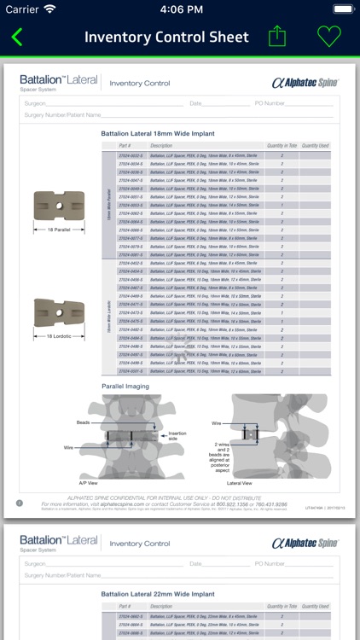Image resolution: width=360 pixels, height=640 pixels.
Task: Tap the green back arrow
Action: pos(17,38)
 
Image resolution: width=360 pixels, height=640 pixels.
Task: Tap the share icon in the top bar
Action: pos(277,37)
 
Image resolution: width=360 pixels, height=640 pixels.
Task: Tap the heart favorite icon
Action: pos(328,37)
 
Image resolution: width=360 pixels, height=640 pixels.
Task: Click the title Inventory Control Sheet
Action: pos(166,38)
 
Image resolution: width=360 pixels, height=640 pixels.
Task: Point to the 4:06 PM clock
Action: pos(180,9)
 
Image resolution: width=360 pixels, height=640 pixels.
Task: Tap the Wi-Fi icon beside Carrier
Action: pos(49,9)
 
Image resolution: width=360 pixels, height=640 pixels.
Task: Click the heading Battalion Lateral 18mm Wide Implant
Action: pos(158,134)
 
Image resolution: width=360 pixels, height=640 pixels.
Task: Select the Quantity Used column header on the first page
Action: pos(315,146)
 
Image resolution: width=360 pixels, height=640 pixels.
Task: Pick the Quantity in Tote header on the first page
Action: pos(282,146)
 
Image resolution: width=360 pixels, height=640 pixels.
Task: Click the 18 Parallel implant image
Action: pos(52,209)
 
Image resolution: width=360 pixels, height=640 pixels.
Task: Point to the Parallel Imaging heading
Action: pos(125,386)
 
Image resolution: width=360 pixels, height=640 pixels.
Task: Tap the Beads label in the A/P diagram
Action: pos(83,423)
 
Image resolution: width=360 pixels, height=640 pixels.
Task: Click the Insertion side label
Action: pos(177,435)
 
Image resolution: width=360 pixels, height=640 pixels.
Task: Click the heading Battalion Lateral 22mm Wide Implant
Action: pos(158,594)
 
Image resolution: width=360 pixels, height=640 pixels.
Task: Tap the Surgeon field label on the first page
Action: pos(36,102)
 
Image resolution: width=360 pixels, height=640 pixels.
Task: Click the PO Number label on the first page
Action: pos(271,102)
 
